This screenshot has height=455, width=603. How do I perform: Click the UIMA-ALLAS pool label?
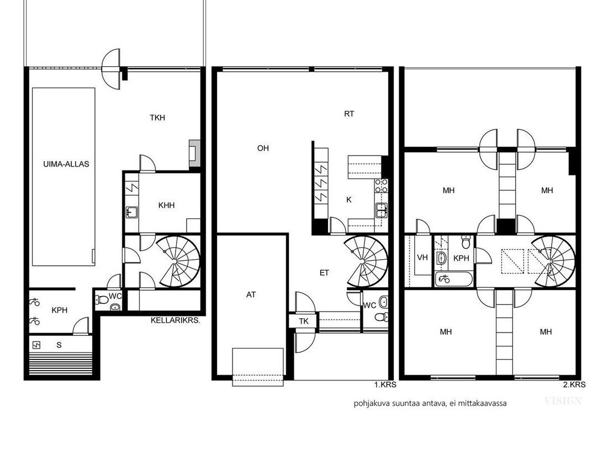coord(66,164)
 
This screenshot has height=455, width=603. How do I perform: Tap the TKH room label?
coord(157,117)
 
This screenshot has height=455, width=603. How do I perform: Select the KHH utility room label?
coord(167,205)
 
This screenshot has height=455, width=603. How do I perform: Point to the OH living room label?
coord(263,148)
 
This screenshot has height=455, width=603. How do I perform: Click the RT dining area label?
coord(349,114)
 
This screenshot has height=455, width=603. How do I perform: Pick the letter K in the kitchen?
coord(349,200)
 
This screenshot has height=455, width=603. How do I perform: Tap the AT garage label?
coord(251,295)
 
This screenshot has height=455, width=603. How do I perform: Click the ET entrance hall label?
coord(324,273)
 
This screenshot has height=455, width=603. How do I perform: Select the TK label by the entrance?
coord(304,321)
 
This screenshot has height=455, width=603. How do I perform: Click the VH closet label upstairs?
coord(422,257)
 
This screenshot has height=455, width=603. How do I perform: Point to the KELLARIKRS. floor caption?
coord(176,320)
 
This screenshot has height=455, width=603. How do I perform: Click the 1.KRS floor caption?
coord(385,384)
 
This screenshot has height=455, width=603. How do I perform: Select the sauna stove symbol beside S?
coord(36,345)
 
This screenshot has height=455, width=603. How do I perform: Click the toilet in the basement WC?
coord(102,299)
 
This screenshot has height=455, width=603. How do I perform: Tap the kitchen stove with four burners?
coord(382,186)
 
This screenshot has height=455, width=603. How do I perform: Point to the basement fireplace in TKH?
coord(194,153)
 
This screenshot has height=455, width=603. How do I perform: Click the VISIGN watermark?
coord(563,402)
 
